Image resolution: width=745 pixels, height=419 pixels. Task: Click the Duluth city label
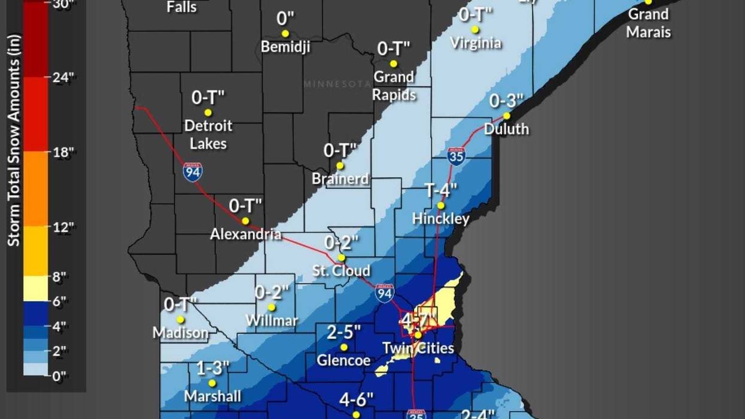point(506,129)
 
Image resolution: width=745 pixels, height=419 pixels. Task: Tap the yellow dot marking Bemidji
point(285,34)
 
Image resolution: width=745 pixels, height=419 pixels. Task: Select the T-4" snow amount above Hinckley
point(441,190)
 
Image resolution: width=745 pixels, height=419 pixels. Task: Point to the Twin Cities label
point(418,348)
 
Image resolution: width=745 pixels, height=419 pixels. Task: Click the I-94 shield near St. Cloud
point(385,293)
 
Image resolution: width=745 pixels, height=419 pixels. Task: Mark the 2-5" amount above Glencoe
point(343,332)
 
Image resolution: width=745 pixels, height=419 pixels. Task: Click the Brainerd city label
point(340,179)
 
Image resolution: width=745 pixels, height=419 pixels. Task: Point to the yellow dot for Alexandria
point(245,220)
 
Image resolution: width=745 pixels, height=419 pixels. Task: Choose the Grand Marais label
point(648,23)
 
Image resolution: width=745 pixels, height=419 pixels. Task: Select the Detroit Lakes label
point(208,135)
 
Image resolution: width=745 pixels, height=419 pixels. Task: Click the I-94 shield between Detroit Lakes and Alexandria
point(193,172)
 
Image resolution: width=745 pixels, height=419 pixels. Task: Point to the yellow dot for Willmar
point(271,307)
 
